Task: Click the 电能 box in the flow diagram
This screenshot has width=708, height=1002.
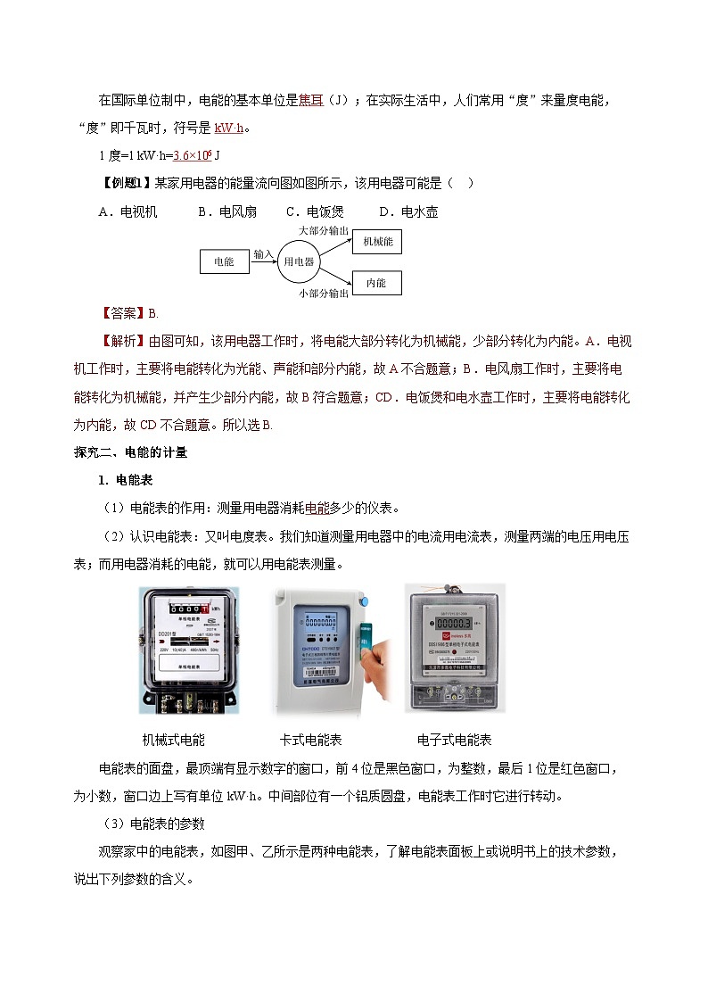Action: click(x=224, y=261)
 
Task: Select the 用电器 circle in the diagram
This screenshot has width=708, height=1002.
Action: click(x=299, y=261)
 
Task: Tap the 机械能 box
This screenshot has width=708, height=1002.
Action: click(x=377, y=241)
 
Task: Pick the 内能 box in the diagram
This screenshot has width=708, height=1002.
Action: click(x=376, y=283)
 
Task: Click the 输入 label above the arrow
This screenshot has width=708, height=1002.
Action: click(x=263, y=254)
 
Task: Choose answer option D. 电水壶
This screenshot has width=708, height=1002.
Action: click(x=408, y=212)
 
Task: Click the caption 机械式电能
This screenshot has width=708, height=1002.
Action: click(x=174, y=740)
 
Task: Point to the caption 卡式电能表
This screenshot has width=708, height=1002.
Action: click(x=311, y=740)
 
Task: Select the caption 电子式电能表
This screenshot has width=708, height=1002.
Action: click(x=455, y=740)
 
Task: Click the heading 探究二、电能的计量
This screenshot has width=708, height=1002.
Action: click(x=130, y=452)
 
